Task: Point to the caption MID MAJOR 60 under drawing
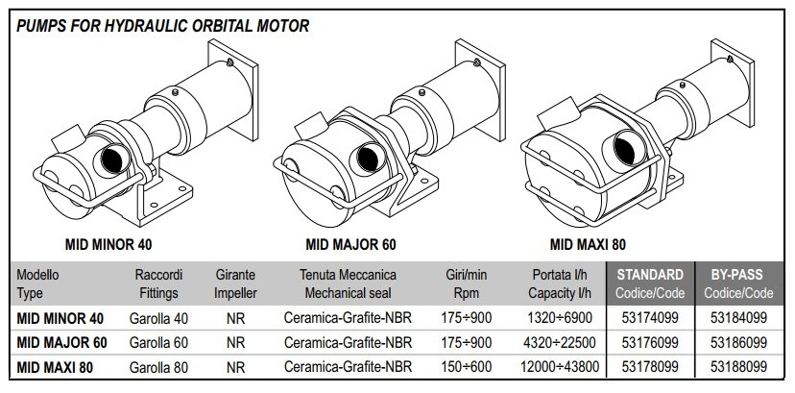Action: tap(352, 243)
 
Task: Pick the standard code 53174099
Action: tap(650, 317)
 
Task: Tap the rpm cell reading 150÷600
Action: tap(469, 366)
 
